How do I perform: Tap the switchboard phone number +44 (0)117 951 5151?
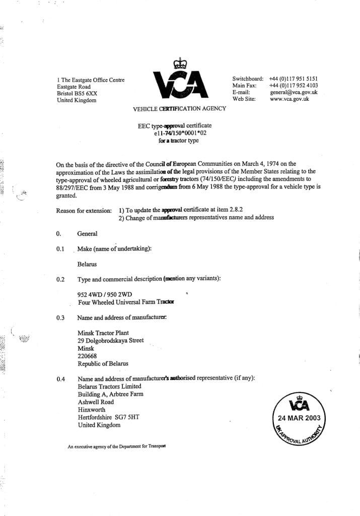[x=293, y=79]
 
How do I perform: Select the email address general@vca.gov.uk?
[x=293, y=93]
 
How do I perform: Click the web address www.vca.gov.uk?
[x=289, y=99]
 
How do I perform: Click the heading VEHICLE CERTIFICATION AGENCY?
[x=179, y=109]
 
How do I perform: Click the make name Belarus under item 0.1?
[x=87, y=264]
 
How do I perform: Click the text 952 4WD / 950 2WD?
[x=106, y=295]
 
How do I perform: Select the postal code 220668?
[x=88, y=356]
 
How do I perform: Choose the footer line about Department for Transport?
[x=117, y=446]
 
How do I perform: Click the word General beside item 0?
[x=87, y=234]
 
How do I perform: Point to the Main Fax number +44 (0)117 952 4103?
[x=293, y=86]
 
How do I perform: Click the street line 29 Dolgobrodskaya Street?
[x=110, y=341]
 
